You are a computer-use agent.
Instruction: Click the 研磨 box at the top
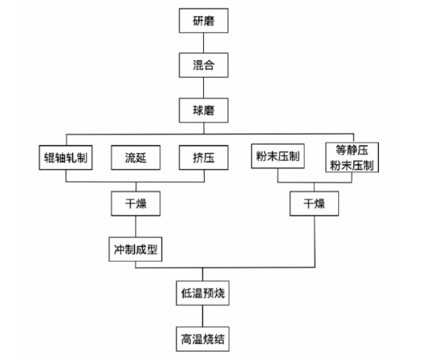[x=203, y=21]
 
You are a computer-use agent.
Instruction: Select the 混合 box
[x=203, y=65]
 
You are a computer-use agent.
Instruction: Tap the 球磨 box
[x=203, y=111]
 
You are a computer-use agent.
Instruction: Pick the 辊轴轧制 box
[x=66, y=158]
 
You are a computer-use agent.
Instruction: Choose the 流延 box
[x=136, y=158]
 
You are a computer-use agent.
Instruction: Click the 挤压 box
[x=203, y=158]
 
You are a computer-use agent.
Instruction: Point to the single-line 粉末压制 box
[x=278, y=156]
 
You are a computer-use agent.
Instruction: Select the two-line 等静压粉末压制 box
[x=352, y=157]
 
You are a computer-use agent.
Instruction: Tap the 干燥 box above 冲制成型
[x=136, y=204]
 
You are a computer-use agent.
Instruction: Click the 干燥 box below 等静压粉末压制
[x=315, y=204]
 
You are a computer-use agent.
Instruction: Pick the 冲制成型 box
[x=135, y=249]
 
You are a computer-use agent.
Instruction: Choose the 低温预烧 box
[x=203, y=293]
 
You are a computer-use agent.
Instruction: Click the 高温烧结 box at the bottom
[x=203, y=339]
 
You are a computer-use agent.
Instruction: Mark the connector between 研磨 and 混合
[x=203, y=43]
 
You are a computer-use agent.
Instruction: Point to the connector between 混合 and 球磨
[x=203, y=88]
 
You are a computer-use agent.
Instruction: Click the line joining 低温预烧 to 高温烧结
[x=203, y=316]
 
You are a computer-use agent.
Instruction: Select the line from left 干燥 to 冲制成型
[x=136, y=227]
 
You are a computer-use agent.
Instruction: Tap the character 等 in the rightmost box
[x=341, y=149]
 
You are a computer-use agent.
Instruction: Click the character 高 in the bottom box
[x=186, y=339]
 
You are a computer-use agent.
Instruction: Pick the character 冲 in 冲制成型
[x=119, y=249]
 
